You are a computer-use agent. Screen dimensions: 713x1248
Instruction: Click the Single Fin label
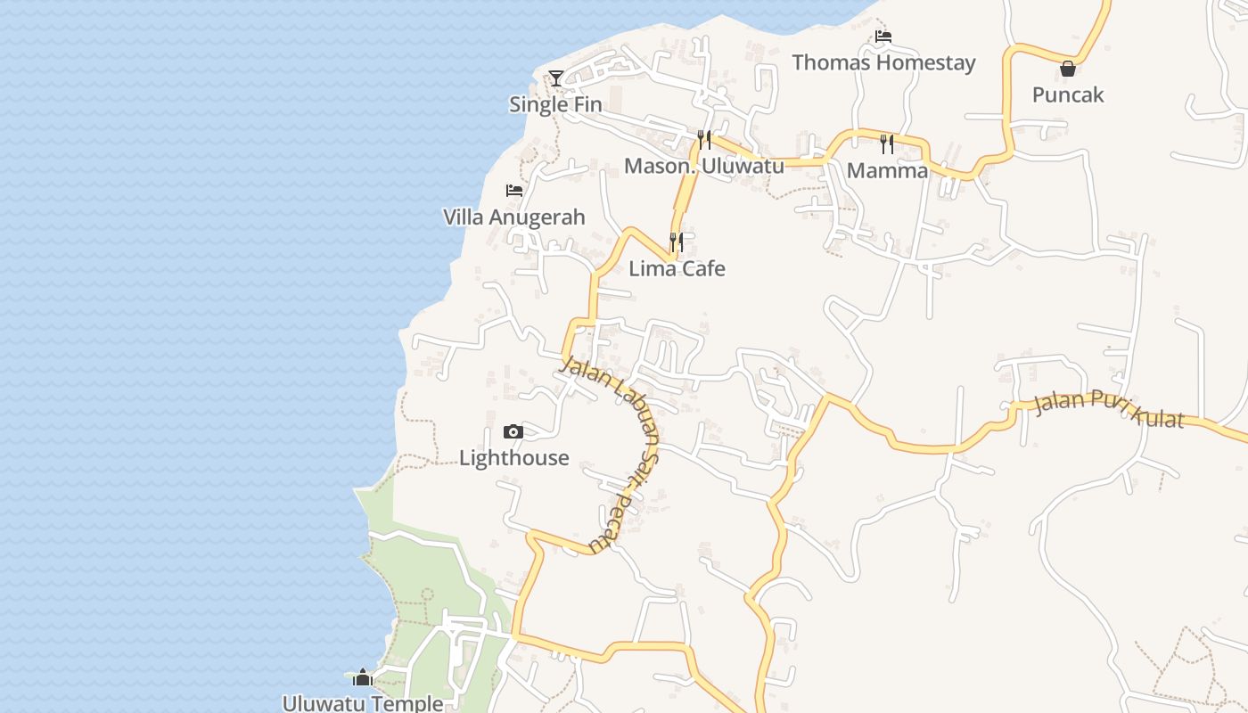point(555,104)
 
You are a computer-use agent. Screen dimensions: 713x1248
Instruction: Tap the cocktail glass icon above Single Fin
point(556,78)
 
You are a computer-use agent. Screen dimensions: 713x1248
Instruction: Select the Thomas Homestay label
point(883,62)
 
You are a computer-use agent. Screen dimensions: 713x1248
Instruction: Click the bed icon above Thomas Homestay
point(883,37)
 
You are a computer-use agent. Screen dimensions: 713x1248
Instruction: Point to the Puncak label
point(1067,94)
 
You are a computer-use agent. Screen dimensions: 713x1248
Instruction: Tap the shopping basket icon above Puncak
point(1067,69)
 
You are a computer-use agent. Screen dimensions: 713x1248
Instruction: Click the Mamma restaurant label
point(887,170)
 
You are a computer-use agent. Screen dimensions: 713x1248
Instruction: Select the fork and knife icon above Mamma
point(886,143)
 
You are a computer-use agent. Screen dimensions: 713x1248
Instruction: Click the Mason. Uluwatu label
point(703,166)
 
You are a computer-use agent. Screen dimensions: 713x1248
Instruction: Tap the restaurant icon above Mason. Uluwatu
point(704,140)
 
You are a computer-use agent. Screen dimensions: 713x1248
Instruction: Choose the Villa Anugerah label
point(514,217)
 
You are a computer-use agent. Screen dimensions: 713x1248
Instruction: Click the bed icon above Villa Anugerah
point(514,191)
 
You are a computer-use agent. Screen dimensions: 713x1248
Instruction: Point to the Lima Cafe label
point(677,268)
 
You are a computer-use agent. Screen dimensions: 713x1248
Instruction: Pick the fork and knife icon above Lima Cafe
point(677,242)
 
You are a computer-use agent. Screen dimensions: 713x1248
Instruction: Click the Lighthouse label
point(513,457)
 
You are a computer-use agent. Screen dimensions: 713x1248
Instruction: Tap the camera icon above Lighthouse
point(513,432)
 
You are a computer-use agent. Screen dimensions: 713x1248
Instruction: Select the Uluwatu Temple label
point(362,703)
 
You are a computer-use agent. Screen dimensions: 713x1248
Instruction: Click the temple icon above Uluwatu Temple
point(362,678)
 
